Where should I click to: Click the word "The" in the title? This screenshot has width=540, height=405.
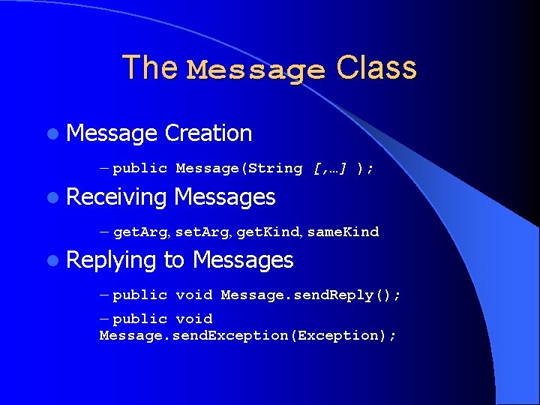coord(150,67)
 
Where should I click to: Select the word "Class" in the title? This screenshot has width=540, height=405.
coord(376,67)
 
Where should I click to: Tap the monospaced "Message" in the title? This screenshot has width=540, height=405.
coord(256,70)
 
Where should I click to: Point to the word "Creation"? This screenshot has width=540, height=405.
coord(208,133)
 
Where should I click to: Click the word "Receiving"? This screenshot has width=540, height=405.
coord(116,197)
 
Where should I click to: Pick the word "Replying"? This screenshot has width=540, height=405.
coord(112,260)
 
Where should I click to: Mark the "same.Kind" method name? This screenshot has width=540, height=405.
coord(343,232)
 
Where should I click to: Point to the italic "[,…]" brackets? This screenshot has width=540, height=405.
coord(329,169)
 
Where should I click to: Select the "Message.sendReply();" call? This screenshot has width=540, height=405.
coord(310,295)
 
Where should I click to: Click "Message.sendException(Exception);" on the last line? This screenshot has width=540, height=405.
coord(247,335)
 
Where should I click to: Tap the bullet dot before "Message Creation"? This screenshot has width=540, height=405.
coord(50,134)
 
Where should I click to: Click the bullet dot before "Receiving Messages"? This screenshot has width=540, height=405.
coord(50,198)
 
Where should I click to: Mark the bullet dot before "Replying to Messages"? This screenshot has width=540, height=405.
coord(50,261)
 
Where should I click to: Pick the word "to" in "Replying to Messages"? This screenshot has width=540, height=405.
coord(173,260)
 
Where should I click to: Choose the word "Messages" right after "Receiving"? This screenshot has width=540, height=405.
coord(224,197)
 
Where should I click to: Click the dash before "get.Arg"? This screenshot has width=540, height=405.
coord(104,232)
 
